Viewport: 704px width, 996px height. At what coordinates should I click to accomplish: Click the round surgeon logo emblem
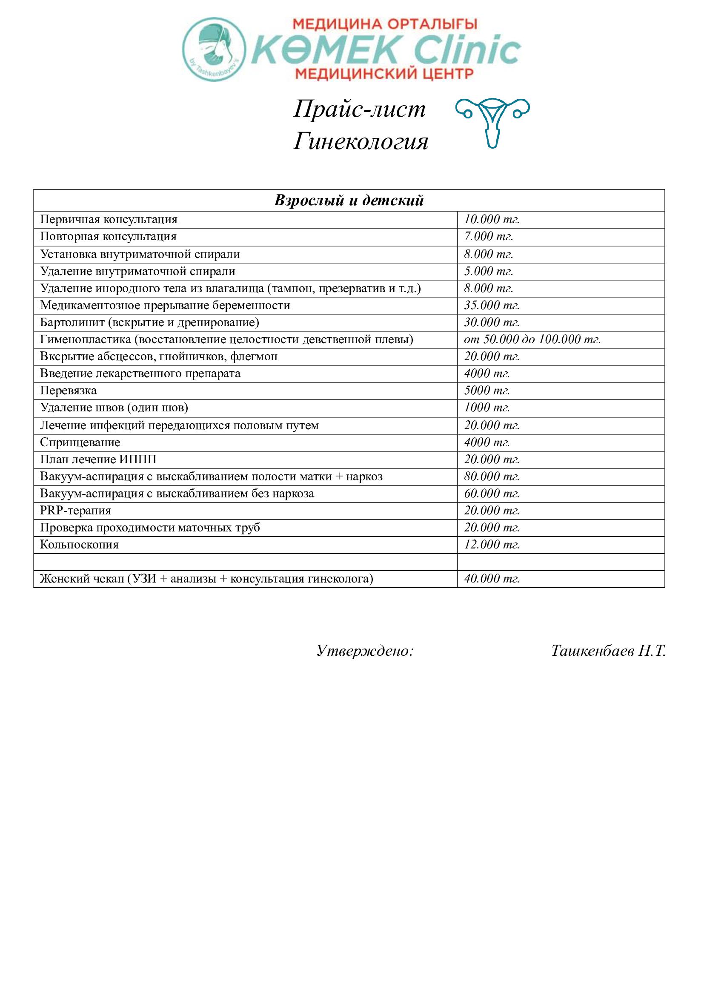point(214,49)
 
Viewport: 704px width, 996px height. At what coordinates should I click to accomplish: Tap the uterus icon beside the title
point(492,123)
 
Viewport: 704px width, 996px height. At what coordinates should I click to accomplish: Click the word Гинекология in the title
point(361,141)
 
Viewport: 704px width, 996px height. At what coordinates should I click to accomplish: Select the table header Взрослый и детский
point(349,201)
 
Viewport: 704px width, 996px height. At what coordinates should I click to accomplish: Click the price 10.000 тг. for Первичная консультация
point(492,219)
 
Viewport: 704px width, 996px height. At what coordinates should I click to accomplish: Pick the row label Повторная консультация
point(109,237)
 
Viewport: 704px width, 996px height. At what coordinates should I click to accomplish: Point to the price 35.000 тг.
point(492,305)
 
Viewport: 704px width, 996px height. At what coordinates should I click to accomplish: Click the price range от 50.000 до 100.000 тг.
point(532,339)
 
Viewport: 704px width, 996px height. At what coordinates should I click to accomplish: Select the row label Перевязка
point(69,391)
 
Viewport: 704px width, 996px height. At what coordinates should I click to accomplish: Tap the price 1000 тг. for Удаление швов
point(487,408)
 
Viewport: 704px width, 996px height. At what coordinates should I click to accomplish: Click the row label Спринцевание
point(80,442)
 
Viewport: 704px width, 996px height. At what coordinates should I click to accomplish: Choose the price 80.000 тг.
point(492,477)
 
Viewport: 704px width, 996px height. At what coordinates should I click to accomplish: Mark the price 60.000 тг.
point(492,494)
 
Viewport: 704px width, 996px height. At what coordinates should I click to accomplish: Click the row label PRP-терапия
point(75,511)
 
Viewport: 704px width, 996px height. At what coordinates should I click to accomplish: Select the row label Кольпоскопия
point(79,545)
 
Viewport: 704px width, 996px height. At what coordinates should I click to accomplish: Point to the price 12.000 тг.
point(492,545)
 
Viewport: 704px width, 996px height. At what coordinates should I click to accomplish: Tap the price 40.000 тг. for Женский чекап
point(492,579)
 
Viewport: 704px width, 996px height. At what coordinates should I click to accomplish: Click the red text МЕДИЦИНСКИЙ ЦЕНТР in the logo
point(384,73)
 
